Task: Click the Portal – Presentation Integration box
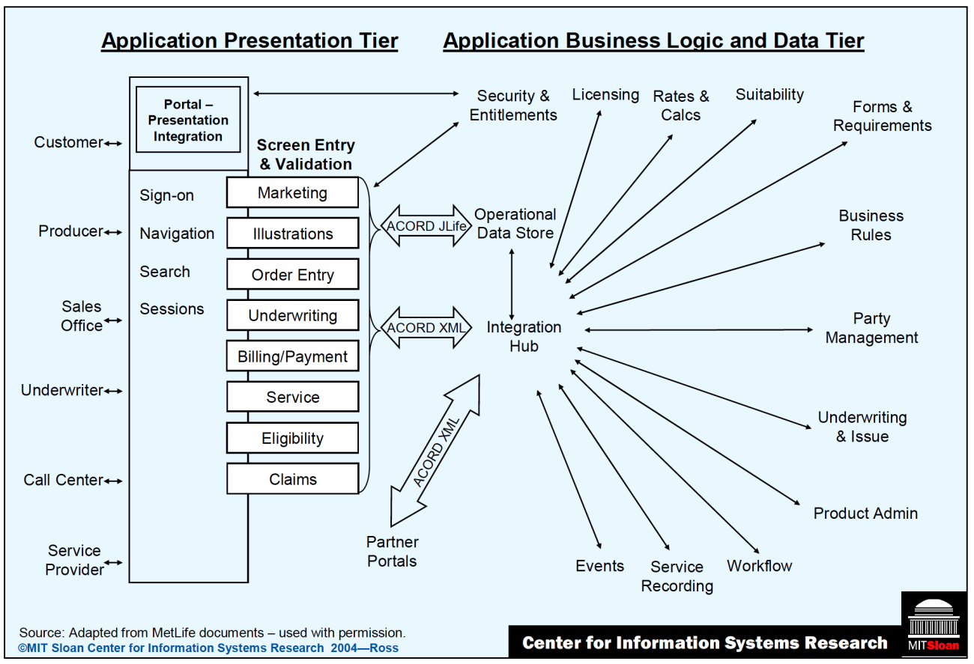pos(188,120)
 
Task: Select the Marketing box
pos(292,193)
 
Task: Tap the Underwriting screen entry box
pos(292,316)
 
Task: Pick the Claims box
pos(292,480)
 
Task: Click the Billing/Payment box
pos(292,357)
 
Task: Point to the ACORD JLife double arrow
pos(425,226)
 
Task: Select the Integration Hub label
pos(524,337)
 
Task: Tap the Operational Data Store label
pos(515,224)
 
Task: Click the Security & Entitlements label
pos(513,106)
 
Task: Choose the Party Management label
pos(871,329)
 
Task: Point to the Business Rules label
pos(871,225)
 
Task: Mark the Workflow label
pos(759,566)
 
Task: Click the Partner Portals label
pos(392,552)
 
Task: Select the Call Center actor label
pos(63,481)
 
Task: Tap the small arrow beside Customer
pos(113,143)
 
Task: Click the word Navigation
pos(177,234)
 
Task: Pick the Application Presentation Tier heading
pos(249,40)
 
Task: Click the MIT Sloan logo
pos(933,625)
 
